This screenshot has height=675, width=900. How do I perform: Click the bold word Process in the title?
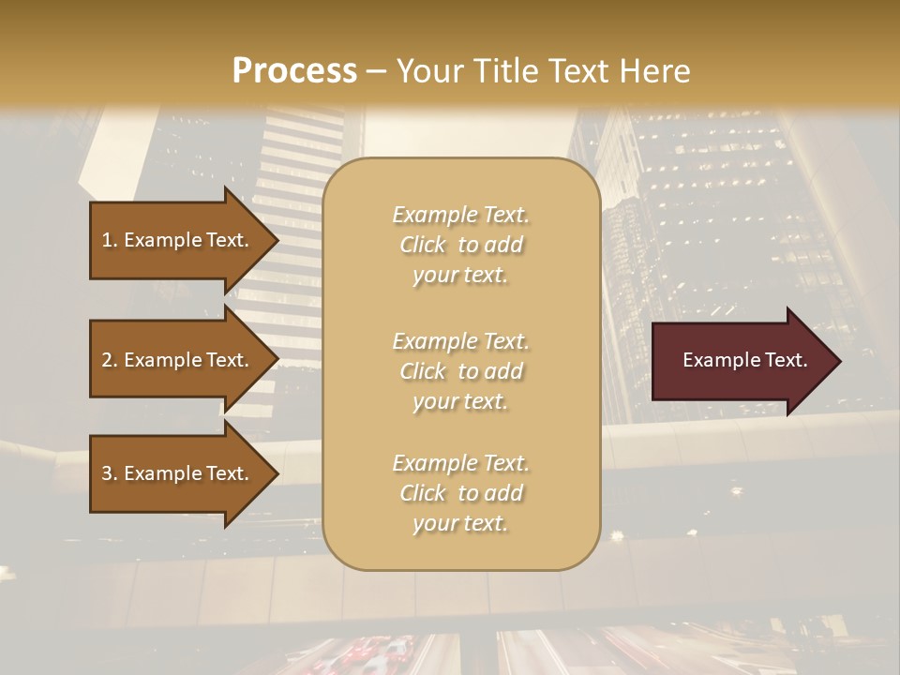[x=294, y=71]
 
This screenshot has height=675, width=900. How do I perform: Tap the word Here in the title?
[x=657, y=71]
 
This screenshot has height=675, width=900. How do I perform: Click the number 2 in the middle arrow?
[x=107, y=360]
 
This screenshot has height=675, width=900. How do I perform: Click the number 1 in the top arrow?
[x=107, y=240]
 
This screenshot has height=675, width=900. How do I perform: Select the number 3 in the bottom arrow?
[x=107, y=473]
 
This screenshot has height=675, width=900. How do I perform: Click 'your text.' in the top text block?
[x=460, y=276]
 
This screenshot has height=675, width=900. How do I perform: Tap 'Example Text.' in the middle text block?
[x=460, y=341]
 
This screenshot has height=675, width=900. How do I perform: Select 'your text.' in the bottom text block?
[x=460, y=524]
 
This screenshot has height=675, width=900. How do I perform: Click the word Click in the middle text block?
[x=423, y=371]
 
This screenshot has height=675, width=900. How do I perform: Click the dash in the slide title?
[x=377, y=71]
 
